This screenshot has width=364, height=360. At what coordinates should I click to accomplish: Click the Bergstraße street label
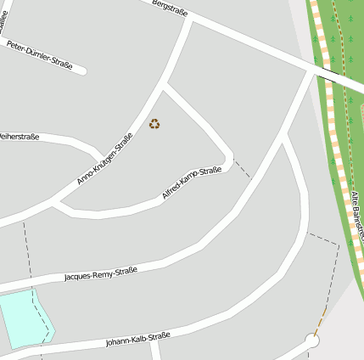(x=169, y=8)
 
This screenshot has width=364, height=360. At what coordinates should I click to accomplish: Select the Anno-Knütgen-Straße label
(x=105, y=159)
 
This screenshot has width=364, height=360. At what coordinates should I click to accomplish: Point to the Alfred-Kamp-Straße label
(x=192, y=183)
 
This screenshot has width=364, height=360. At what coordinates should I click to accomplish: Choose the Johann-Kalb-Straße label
(x=137, y=340)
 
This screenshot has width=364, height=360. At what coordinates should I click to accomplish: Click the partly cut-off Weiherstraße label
(x=19, y=136)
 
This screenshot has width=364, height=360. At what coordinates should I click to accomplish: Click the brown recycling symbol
(x=154, y=124)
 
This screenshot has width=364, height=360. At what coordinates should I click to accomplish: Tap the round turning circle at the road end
(x=312, y=341)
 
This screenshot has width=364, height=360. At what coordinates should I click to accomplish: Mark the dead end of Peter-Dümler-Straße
(x=82, y=70)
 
